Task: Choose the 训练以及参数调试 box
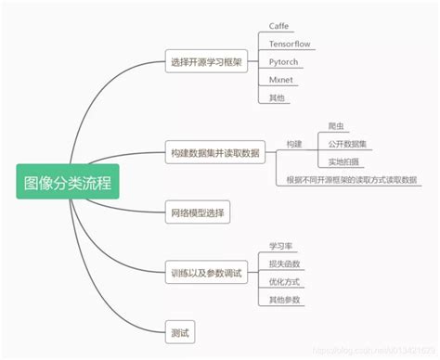point(206,273)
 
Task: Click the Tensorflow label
point(288,44)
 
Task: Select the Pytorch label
point(283,62)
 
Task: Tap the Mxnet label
point(280,81)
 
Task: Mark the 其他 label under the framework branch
point(278,98)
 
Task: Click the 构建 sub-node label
point(294,144)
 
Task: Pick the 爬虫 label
point(338,126)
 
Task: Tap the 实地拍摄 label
point(343,162)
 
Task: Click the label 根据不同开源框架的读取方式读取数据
point(352,180)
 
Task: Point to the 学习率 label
point(281,246)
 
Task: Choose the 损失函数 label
point(285,264)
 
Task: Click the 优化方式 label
point(285,282)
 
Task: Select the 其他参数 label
point(285,300)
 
